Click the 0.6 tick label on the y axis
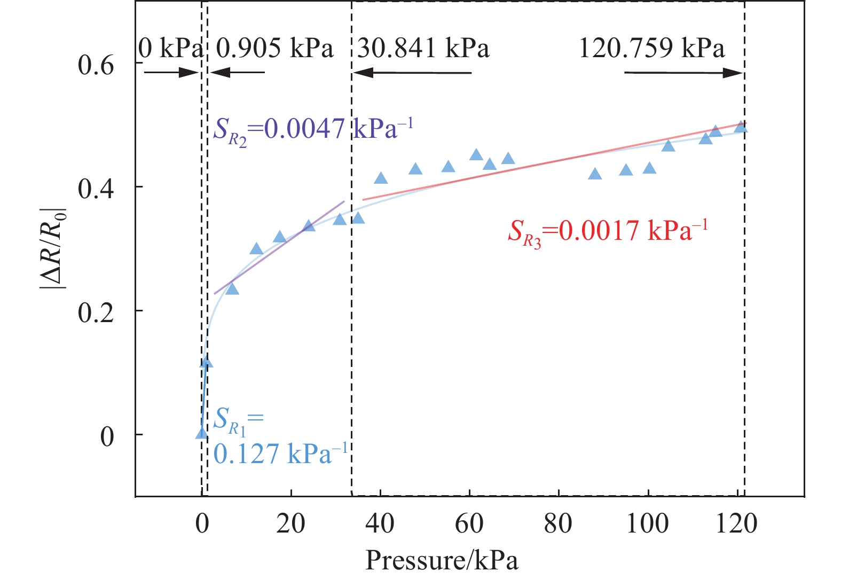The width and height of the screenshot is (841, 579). [96, 65]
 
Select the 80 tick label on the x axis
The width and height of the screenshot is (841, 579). [558, 524]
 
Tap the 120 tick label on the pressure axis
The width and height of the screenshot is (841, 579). [736, 524]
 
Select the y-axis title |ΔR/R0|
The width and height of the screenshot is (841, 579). [53, 248]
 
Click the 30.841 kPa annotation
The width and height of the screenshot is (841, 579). [423, 49]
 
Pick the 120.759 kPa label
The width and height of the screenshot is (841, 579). [651, 49]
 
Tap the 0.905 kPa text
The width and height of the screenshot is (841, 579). [274, 49]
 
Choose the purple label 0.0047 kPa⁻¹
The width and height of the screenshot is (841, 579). [313, 130]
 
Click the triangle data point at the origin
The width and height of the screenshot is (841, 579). [201, 433]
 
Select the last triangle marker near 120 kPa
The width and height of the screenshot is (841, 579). [741, 127]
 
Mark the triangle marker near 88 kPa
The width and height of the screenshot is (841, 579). [594, 174]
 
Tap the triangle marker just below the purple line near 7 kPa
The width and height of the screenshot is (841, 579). [232, 289]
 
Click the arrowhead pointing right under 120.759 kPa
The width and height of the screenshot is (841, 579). [734, 73]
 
